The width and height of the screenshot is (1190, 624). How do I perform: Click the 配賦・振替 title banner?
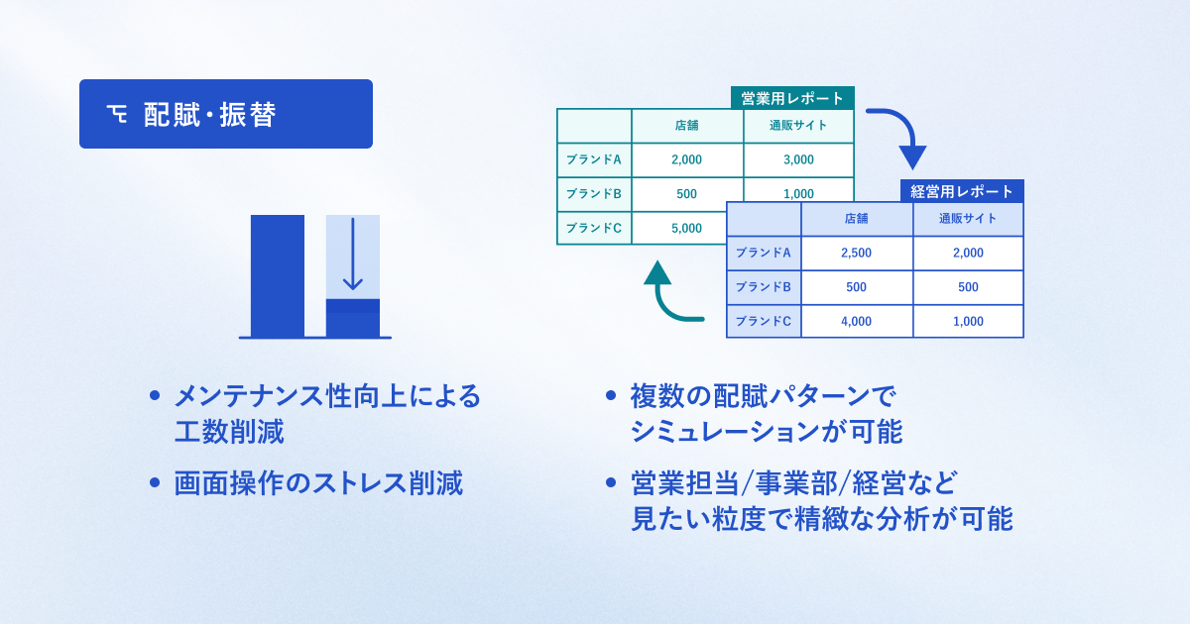226,114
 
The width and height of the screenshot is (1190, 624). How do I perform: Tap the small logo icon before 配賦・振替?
117,115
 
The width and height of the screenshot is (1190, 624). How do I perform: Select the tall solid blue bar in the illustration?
278,275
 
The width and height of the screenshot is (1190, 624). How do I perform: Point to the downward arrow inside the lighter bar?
353,256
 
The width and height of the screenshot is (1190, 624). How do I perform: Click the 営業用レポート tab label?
792,98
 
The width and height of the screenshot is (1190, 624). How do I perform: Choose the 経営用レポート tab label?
962,191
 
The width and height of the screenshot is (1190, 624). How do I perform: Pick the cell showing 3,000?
798,159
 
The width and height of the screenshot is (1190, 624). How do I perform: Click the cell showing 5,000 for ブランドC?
686,228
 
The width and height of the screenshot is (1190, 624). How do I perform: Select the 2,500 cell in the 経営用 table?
856,253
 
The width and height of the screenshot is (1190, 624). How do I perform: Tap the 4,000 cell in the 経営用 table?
856,321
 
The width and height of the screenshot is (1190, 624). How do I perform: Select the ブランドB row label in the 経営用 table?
764,287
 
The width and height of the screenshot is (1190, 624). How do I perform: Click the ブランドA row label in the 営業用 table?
594,159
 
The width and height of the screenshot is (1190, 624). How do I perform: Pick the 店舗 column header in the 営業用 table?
686,126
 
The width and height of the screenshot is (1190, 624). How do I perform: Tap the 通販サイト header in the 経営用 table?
968,219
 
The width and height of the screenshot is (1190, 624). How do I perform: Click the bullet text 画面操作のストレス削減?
317,483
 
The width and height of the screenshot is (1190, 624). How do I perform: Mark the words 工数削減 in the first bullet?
229,432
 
